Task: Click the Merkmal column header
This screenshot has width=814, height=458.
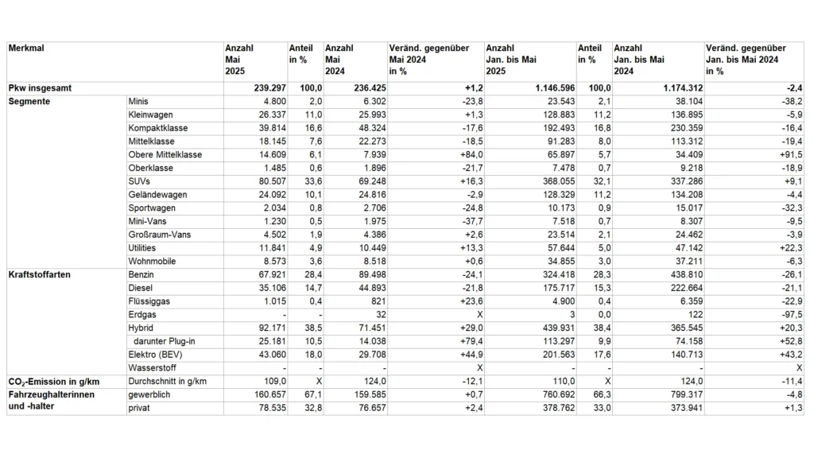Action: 26,49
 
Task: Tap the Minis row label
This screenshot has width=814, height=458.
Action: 138,102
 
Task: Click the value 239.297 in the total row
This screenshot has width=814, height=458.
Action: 263,88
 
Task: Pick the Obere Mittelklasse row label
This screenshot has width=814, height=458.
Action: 165,155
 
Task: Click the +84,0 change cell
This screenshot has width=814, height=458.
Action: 463,155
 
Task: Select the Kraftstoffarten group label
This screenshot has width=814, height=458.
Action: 39,275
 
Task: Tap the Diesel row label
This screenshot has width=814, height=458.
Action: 140,288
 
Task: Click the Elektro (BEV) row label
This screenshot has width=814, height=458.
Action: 155,355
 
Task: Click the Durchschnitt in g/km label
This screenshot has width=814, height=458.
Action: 168,382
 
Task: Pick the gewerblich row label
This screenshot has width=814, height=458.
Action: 149,394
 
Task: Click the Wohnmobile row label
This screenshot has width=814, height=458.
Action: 152,262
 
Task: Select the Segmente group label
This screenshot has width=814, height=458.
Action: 29,102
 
